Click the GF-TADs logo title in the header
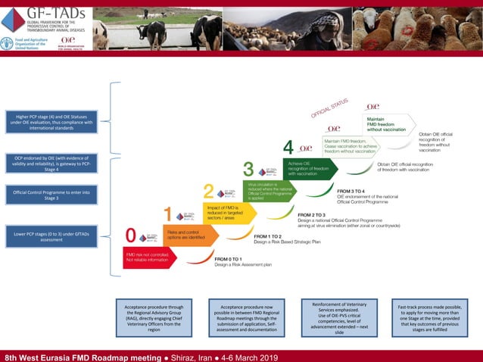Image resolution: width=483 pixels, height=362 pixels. coord(51,11)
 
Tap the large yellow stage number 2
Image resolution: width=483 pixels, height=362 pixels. coord(210,192)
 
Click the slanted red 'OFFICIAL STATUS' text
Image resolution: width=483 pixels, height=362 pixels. coord(329,108)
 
